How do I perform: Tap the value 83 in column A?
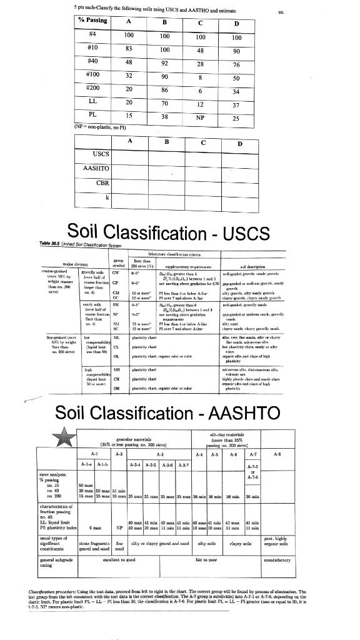click(x=128, y=49)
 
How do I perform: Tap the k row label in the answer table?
click(x=107, y=197)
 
